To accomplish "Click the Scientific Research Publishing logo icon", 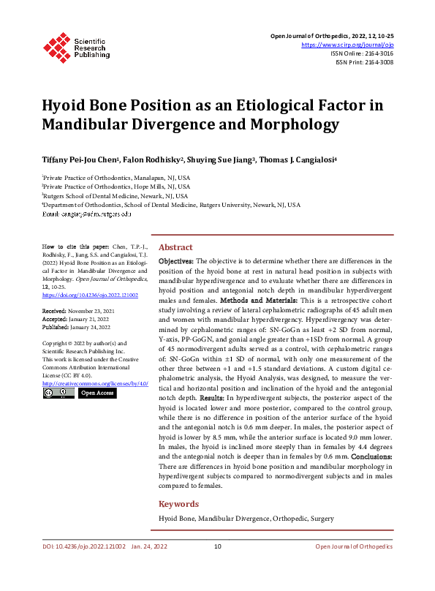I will (57, 45).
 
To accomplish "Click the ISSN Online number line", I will (362, 53).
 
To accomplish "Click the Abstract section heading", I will (175, 247).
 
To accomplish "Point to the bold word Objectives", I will (175, 260).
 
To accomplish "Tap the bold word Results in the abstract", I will (210, 396).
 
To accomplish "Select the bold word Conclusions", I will (366, 457).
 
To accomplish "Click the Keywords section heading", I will (178, 504).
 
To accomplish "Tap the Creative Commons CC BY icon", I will (57, 393).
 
